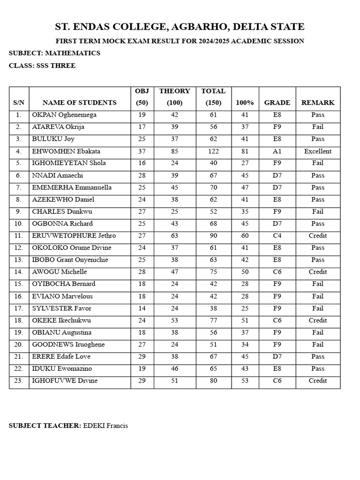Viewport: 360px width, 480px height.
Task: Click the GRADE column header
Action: [277, 103]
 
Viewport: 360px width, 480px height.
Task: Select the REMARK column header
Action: [318, 103]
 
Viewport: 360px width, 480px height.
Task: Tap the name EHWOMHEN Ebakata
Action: [66, 151]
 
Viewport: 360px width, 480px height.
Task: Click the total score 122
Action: [213, 151]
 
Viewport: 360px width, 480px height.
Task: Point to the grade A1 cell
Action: [277, 151]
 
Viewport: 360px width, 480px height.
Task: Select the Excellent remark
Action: [318, 151]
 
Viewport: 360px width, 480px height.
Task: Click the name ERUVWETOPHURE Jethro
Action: [74, 236]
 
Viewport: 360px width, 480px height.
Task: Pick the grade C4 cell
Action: [277, 236]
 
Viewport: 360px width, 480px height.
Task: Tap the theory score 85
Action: [174, 151]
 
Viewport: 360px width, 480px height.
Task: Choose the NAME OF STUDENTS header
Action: [80, 103]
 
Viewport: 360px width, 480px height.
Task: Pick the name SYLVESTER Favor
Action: [62, 308]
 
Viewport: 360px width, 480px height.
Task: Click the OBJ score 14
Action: [142, 308]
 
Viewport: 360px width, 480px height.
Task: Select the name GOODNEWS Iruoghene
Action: [68, 345]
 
